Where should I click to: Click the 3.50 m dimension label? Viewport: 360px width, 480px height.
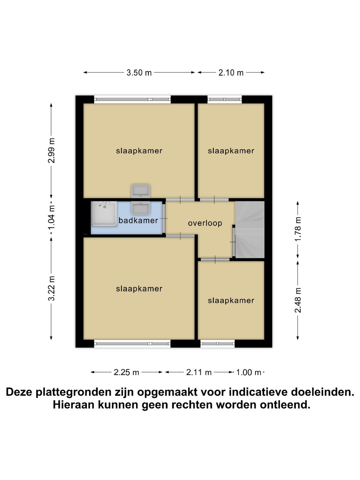pos(139,73)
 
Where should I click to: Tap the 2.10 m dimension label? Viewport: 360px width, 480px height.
pos(231,73)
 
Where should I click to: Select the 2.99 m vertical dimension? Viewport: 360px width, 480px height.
pos(51,150)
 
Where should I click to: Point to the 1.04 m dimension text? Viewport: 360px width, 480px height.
pos(51,218)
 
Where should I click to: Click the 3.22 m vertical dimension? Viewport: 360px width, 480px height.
pos(51,288)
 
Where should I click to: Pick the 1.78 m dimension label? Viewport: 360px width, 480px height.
pos(298,229)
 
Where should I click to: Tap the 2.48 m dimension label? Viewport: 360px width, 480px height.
pos(298,300)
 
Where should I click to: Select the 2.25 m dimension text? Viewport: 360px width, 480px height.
pos(126,372)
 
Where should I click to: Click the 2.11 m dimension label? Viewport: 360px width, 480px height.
pos(199,372)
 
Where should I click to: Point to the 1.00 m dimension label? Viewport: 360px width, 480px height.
pos(249,372)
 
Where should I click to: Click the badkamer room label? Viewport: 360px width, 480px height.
pos(138,220)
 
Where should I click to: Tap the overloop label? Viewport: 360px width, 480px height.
pos(205,223)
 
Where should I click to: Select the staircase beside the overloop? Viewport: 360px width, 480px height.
pos(250,229)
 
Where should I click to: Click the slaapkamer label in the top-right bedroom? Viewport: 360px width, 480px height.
pos(231,151)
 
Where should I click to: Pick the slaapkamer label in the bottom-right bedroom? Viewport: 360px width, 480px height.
pos(231,300)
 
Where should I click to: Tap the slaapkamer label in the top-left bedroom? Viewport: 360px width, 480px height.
pos(139,151)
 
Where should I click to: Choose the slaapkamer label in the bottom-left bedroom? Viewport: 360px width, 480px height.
pos(139,289)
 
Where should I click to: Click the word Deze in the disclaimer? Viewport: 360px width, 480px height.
pos(20,392)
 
